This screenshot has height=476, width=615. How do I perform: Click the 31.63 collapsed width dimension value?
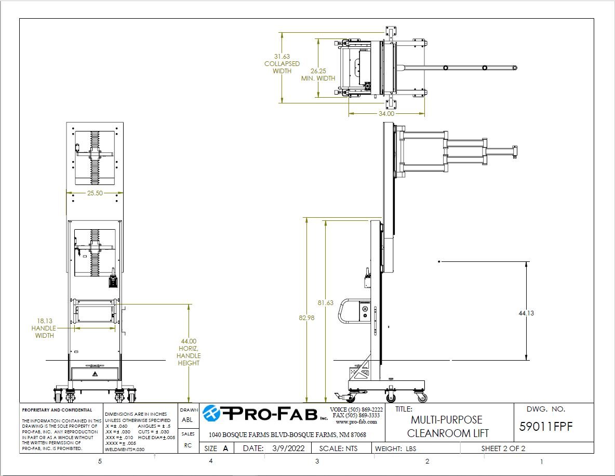point(282,57)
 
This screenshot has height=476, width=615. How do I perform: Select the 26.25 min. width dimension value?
point(318,71)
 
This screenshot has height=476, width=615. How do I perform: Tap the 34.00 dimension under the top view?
point(386,113)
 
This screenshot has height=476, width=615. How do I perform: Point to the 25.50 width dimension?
point(95,193)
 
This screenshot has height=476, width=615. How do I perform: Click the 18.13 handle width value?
point(45,321)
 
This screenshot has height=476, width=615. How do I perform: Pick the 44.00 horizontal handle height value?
point(189,341)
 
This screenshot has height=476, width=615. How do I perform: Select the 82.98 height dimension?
point(306,318)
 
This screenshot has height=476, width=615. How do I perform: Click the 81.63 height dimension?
point(326,302)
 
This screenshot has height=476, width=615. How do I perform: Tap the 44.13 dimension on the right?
point(526,313)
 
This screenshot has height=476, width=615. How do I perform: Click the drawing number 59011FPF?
point(545,427)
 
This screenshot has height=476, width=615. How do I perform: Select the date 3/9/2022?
point(288,448)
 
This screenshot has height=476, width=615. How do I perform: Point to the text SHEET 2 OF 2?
point(503,448)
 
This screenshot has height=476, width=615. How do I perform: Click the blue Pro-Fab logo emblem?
point(211,413)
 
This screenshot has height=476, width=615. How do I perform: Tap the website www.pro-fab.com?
point(356,422)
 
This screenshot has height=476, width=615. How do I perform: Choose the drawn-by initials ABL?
point(188,419)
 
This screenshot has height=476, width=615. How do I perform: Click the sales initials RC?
point(188,445)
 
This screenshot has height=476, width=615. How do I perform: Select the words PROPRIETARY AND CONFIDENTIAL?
point(57,410)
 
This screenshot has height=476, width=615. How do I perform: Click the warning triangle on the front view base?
point(95,374)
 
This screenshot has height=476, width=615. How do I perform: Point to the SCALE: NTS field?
point(339,448)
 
